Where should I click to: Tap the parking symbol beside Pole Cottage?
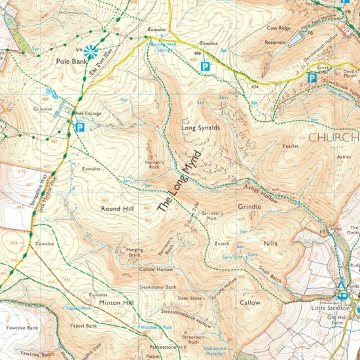[81, 128]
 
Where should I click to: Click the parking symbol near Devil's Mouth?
[312, 79]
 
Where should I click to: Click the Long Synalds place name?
[200, 128]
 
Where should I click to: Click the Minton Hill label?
[117, 303]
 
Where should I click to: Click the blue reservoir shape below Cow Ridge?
[294, 39]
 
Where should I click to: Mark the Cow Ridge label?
[277, 29]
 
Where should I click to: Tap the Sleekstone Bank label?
[158, 287]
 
